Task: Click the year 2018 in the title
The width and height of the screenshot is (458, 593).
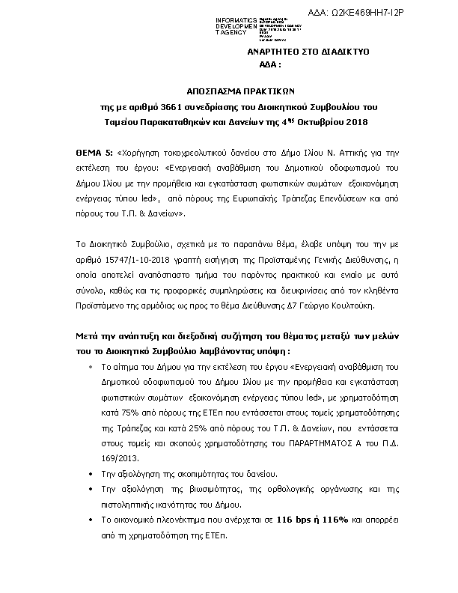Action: tap(355, 121)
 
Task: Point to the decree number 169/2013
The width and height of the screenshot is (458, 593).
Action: tap(119, 456)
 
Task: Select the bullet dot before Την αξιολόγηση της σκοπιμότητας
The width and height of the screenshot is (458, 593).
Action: tap(91, 474)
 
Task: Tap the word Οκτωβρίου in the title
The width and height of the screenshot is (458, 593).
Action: tap(311, 121)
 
